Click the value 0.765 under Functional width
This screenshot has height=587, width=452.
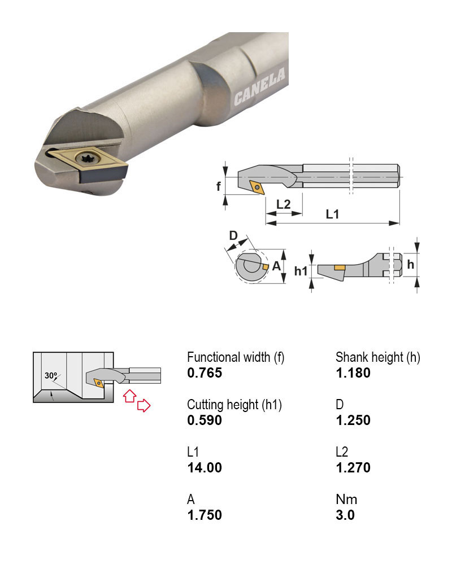tap(205, 373)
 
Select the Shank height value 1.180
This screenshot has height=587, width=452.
tap(353, 373)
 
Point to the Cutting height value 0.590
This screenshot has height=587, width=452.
tap(205, 420)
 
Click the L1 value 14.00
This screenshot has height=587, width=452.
tap(205, 467)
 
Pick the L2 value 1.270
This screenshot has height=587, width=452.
tap(353, 467)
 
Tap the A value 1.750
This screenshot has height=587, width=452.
tap(205, 515)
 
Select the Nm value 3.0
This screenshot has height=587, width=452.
tap(345, 515)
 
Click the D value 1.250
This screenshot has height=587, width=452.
tap(353, 420)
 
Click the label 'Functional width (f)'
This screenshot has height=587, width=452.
tap(236, 357)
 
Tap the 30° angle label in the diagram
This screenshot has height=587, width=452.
tap(51, 375)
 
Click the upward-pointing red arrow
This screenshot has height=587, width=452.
tap(130, 396)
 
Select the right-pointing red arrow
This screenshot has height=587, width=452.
tap(144, 405)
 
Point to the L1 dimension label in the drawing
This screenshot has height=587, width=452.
tap(332, 214)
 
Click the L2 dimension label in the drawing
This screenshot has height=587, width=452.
tap(283, 204)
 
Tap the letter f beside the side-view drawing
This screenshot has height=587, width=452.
tap(219, 186)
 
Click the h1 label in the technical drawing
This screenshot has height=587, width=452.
tap(301, 271)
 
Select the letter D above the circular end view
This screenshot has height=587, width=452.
tap(233, 236)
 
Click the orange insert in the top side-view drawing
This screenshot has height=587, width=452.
tap(257, 187)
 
